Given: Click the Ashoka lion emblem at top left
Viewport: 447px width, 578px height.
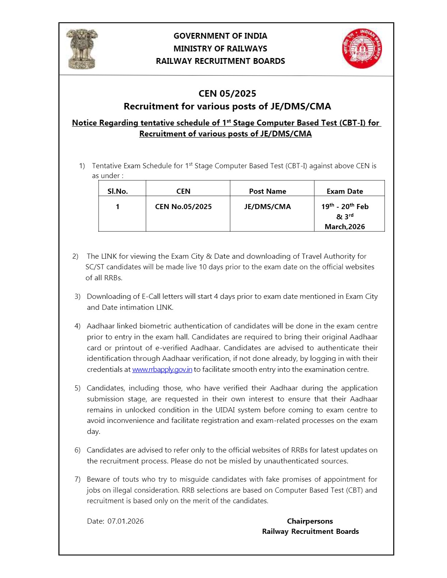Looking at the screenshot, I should tap(82, 49).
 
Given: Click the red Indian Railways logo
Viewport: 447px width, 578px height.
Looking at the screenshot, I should tap(362, 49).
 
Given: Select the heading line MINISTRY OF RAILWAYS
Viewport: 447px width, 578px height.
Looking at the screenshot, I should tap(220, 49).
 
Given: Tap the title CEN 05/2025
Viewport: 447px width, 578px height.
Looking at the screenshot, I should tap(227, 93).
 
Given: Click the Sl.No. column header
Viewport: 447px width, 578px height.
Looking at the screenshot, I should tap(118, 191).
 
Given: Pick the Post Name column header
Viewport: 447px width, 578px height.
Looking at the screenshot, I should tap(267, 191).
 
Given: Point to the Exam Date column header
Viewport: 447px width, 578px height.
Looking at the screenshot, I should tap(345, 191).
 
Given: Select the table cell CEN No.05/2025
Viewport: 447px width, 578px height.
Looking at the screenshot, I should tap(183, 207).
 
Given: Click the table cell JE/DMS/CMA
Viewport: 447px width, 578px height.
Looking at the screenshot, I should tap(267, 207).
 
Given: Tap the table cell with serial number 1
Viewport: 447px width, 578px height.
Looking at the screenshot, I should tap(118, 207).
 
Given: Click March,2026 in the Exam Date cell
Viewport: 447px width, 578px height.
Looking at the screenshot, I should tap(345, 227).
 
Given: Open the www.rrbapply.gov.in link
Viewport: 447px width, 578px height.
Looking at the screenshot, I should tap(162, 369).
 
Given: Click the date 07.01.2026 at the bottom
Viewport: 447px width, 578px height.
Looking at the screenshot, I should tap(126, 521).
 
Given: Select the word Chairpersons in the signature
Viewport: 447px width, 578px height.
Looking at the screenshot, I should tap(310, 521).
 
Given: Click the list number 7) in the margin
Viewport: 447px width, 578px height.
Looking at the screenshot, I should tap(77, 479).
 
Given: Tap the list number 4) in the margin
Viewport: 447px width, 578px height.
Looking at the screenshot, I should tap(77, 326).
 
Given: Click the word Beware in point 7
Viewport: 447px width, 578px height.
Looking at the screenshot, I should tap(98, 479).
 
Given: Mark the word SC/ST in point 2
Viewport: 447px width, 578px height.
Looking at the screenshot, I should tap(95, 267).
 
